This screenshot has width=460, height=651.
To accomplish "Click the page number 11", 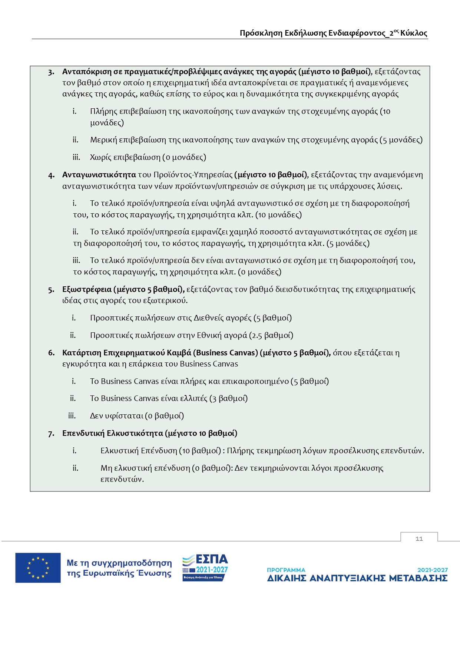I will pos(419,539).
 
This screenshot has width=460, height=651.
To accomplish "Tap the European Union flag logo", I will pos(38,568).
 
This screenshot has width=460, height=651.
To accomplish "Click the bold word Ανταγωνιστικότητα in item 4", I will pos(99,175).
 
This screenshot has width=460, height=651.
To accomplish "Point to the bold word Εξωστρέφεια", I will pos(87,289).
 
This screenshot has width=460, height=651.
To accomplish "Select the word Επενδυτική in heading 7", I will pos(83,433).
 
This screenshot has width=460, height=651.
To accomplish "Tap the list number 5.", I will pos(51,290).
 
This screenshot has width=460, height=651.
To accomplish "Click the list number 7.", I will pos(51,434).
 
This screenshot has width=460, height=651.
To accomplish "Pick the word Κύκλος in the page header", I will pos(414,33).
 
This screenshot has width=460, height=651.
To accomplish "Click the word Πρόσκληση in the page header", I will pos(261,33).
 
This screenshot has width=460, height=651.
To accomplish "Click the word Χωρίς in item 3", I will pos(100,157).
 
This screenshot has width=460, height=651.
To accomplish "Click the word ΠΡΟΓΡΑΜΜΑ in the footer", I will pos(286,570).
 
